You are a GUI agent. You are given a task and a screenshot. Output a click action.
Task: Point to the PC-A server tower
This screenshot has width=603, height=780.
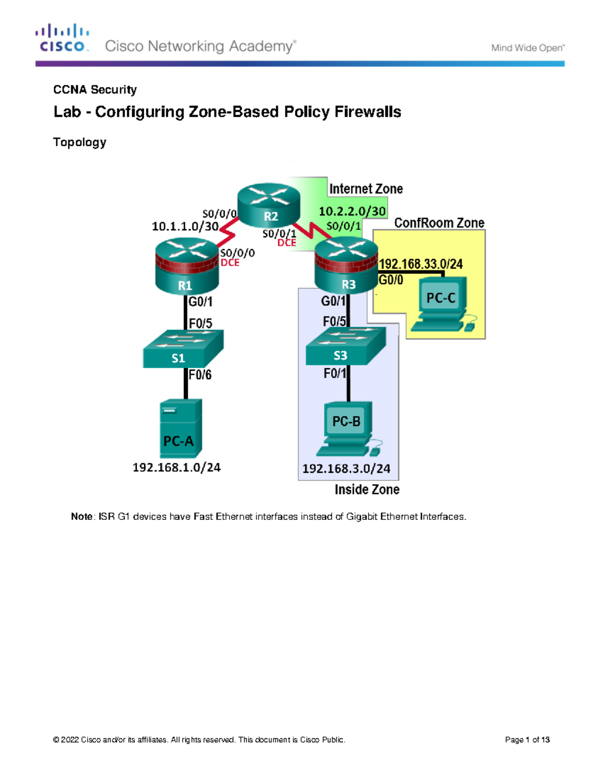click(x=181, y=428)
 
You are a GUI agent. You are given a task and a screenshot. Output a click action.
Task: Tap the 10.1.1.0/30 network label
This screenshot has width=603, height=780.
click(x=185, y=227)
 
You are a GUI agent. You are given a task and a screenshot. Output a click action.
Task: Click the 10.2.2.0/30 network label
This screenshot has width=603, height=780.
click(x=352, y=211)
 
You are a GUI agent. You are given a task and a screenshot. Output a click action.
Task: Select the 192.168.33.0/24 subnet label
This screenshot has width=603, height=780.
click(x=421, y=264)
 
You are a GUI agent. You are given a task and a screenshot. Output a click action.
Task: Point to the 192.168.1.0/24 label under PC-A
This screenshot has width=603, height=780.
click(x=176, y=468)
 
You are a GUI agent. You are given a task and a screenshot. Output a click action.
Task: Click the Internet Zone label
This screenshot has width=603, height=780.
click(x=366, y=189)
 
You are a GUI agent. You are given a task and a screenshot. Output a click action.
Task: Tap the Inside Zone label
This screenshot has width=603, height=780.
click(x=367, y=490)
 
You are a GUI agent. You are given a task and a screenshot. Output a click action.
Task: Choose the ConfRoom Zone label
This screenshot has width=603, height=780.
click(x=439, y=223)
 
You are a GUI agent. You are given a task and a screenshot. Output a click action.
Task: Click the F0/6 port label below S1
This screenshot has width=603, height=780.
click(x=200, y=375)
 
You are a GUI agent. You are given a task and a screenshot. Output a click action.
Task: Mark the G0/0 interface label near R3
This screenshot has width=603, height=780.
click(x=391, y=280)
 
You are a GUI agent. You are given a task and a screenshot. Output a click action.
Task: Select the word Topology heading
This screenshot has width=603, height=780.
click(x=79, y=142)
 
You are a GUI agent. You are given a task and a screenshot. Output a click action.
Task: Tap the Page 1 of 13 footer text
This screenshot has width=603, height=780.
click(x=527, y=740)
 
